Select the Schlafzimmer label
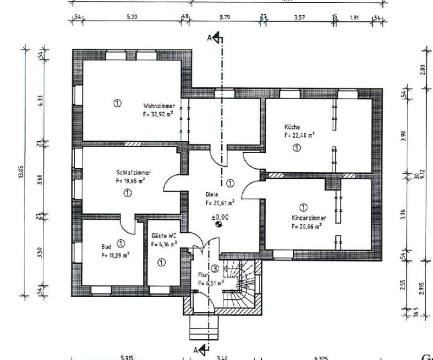coord(134,172)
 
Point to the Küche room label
coord(292,127)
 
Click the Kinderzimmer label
coord(309,218)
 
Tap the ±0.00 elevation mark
coord(219,217)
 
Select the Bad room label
coord(106,246)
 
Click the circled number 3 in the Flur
coord(215,269)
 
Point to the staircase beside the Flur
coord(241,284)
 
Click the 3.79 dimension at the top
coord(225,17)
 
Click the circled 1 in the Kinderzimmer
coord(303,207)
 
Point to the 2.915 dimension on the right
coord(422,288)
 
